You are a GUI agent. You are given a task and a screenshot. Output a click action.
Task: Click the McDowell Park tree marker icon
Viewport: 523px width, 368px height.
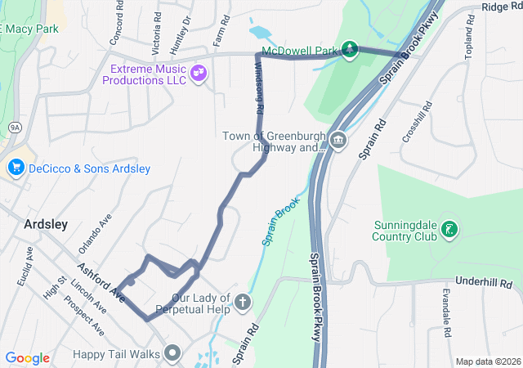pyautogui.click(x=350, y=51)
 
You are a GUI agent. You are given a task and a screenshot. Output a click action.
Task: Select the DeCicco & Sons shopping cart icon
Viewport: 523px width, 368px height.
pyautogui.click(x=16, y=168)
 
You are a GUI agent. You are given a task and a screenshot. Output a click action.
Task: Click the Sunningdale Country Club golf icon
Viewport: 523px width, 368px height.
pyautogui.click(x=448, y=230)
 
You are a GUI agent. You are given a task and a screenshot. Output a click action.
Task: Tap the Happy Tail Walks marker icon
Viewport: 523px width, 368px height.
pyautogui.click(x=172, y=353)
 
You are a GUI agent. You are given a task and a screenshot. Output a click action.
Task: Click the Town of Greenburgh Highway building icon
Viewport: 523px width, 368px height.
pyautogui.click(x=338, y=142)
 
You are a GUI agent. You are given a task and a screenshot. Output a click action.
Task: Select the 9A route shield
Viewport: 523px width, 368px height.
pyautogui.click(x=15, y=128)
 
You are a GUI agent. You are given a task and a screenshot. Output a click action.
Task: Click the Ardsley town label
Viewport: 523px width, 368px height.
pyautogui.click(x=46, y=223)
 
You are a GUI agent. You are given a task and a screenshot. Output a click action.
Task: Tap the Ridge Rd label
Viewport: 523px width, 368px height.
pyautogui.click(x=501, y=7)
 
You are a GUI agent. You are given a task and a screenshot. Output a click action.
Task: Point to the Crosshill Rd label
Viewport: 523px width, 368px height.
pyautogui.click(x=416, y=125)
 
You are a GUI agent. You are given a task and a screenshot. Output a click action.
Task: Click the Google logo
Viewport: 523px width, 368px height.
pyautogui.click(x=28, y=358)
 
